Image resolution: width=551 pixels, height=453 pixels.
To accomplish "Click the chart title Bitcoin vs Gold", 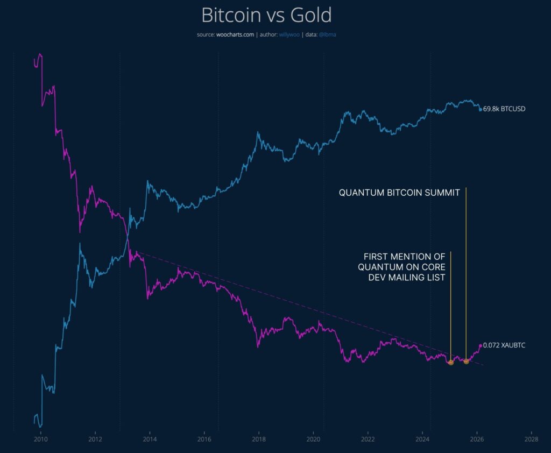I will pos(267,15).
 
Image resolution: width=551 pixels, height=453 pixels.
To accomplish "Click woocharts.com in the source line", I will pos(235,34).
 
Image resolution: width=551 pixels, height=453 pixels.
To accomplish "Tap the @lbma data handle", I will pos(328,34).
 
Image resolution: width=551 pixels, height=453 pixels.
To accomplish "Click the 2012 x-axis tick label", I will pos(95,439).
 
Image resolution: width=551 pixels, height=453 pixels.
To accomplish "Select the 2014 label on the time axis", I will pos(150,439).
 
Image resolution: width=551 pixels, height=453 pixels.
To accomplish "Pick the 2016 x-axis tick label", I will pos(204,439).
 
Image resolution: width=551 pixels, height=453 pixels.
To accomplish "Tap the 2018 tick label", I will pos(259,439).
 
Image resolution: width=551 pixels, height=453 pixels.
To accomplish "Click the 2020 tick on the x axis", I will pos(313,439).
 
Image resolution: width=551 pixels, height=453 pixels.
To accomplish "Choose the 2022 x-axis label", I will pos(368,439).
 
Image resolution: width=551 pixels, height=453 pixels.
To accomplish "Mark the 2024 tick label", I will pos(422,439).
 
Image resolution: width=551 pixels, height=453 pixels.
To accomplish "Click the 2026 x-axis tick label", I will pos(477,439).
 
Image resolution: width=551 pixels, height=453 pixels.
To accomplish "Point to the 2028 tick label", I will pos(532,439).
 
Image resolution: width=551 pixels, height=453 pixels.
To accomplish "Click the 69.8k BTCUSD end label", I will pos(504,109).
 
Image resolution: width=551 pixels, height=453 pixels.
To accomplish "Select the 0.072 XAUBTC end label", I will pos(504,345).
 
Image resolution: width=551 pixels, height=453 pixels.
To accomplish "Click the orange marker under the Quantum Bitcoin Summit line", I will pos(466,361).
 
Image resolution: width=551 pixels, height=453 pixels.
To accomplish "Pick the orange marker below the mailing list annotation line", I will pos(451,363).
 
